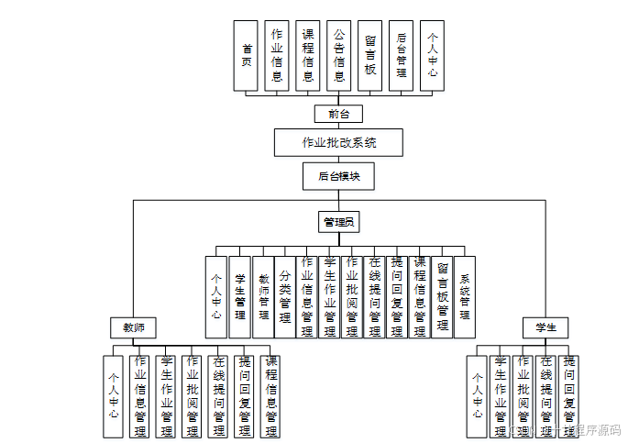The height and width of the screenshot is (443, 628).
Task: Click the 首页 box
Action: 246,55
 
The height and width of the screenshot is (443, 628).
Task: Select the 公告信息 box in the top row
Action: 338,55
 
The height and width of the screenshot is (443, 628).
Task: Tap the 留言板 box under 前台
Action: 369,55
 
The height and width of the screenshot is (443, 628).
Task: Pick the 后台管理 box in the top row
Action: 401,55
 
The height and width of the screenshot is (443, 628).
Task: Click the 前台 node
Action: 338,114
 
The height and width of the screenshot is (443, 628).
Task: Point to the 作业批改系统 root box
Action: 338,143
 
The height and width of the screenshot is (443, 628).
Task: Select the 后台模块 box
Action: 338,175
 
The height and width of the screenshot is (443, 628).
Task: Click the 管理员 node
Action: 338,222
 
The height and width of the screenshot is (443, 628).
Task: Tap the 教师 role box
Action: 133,327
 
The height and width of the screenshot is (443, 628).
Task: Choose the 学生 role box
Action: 545,327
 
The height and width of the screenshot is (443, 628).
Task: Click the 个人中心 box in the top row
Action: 432,55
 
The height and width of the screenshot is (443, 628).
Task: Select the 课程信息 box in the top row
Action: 307,55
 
